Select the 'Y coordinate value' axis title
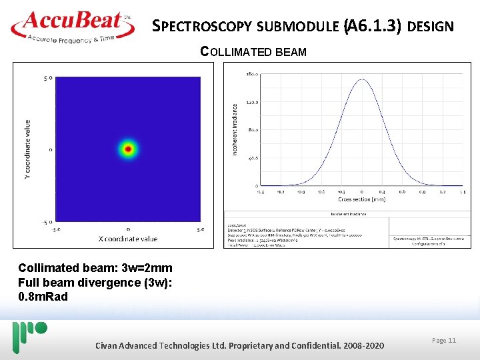[27, 150]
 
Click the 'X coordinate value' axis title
[127, 239]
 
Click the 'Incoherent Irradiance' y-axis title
[234, 129]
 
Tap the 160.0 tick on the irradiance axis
[253, 74]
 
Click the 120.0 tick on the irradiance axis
[253, 102]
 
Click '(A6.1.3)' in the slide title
[372, 27]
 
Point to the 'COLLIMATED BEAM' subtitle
[253, 51]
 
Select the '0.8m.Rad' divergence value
[43, 296]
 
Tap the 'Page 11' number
[444, 341]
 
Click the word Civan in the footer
[109, 345]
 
